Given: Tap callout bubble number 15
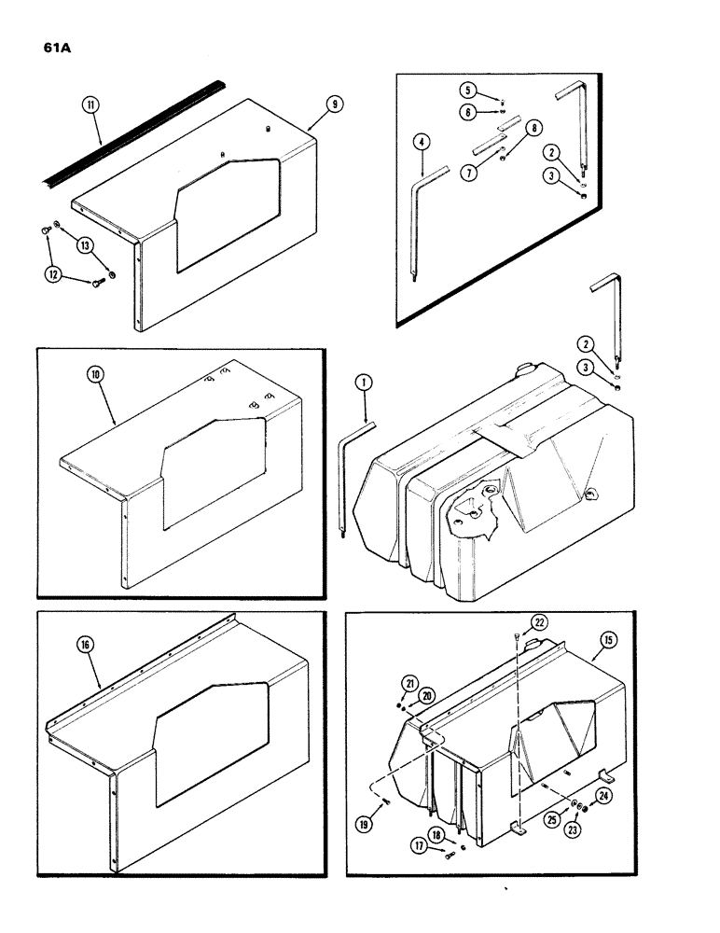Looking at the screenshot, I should tap(607, 640).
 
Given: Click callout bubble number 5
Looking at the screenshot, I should tap(468, 90).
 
